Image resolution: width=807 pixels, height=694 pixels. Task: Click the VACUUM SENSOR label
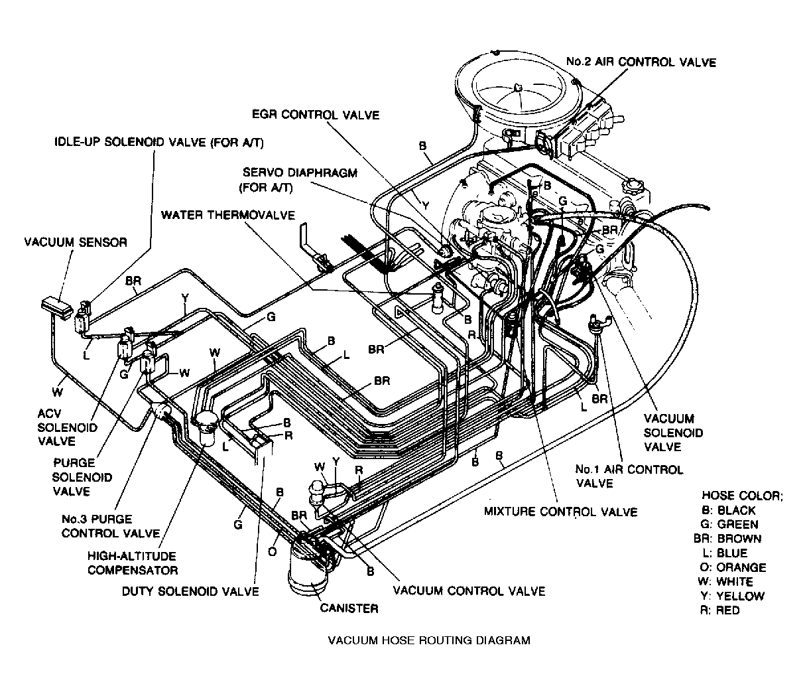[x=75, y=242]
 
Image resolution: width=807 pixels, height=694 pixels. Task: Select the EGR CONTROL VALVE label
[x=316, y=115]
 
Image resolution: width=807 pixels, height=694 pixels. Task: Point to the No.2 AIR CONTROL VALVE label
[x=641, y=62]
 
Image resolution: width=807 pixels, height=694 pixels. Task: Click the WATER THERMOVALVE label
[x=228, y=215]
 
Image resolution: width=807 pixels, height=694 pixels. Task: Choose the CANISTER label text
[x=349, y=608]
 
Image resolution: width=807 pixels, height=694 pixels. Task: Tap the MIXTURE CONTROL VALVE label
[x=560, y=512]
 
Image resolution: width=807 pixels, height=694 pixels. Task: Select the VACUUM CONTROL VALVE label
[x=469, y=590]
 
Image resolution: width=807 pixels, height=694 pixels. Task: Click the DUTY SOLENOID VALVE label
[x=190, y=590]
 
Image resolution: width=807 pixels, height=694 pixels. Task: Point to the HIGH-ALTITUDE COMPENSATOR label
[x=133, y=563]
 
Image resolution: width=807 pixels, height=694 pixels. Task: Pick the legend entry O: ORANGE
[x=733, y=567]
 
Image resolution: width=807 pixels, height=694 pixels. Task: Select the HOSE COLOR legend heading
[x=742, y=496]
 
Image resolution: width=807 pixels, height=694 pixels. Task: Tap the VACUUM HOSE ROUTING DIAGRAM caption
[x=430, y=640]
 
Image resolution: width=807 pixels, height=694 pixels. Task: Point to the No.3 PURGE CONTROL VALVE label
[x=110, y=526]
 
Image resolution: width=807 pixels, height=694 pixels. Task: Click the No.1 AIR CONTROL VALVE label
[x=629, y=476]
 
